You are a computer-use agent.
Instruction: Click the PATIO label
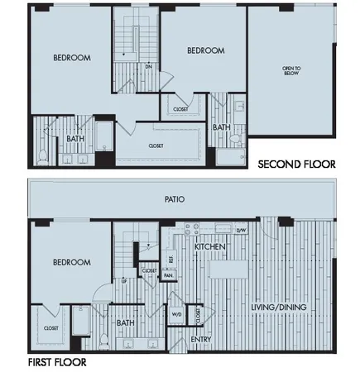174,199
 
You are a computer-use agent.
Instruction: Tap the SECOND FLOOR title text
296,164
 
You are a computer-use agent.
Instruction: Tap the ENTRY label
201,340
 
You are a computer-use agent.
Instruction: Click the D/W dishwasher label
242,231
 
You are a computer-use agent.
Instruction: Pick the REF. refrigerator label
170,259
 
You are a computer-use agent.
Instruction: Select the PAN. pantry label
168,276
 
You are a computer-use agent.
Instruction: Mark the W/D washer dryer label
177,314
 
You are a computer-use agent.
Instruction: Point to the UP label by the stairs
124,281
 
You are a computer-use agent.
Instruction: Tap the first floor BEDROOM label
72,262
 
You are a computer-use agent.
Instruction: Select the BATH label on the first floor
126,322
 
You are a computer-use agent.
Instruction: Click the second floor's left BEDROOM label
72,58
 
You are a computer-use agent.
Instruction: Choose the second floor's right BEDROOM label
206,50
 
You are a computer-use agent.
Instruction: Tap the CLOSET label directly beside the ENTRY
197,315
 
